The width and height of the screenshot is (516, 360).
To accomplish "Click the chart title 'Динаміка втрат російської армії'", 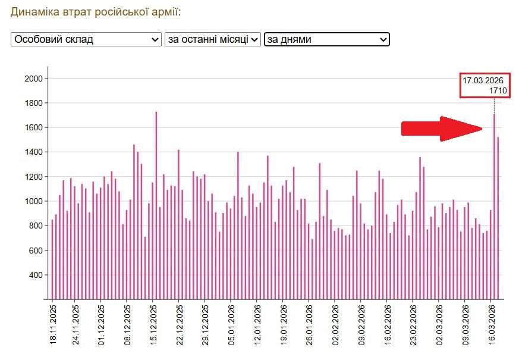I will pyautogui.click(x=96, y=12).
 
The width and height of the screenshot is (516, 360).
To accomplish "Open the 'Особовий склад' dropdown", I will pyautogui.click(x=86, y=39).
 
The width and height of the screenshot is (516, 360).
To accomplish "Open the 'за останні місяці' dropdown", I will pyautogui.click(x=213, y=39).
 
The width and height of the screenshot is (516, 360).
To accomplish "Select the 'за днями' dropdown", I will pyautogui.click(x=327, y=39).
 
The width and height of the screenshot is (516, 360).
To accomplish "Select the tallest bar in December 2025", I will pyautogui.click(x=156, y=205).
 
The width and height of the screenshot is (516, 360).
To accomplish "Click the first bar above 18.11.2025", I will pyautogui.click(x=52, y=259).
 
